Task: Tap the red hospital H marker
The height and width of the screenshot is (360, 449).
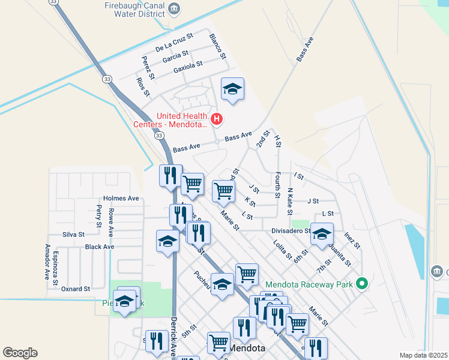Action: pos(217,119)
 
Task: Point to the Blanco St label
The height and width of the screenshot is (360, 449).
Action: pos(217,46)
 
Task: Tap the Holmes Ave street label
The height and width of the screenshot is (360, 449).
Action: pos(121,198)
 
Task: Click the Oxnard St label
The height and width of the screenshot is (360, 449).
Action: pos(75,289)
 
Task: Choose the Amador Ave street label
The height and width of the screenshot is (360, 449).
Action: pos(47,262)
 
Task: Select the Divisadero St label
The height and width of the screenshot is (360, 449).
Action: pos(290,230)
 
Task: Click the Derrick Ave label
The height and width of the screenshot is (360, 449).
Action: pos(174,337)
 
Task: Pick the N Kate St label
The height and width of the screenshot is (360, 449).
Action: pos(290,201)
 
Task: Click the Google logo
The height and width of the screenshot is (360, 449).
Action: pos(20,353)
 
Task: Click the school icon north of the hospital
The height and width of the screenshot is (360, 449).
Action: pos(232,90)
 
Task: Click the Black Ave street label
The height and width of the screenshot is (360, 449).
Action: pos(99,247)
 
